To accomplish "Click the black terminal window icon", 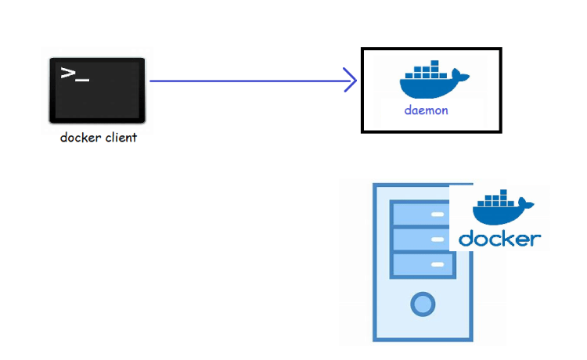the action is point(97,90).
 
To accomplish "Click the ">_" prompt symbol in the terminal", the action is point(75,74).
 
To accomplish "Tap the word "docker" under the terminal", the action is point(81,137).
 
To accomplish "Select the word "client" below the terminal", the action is point(121,137).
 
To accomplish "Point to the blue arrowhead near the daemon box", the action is point(350,80).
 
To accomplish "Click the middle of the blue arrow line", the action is point(254,81).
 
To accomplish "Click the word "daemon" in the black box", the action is point(426,110).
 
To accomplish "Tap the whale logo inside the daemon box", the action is point(434,79).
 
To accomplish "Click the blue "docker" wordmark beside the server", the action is point(500,239).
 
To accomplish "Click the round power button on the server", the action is point(423,304).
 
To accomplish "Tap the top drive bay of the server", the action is point(420,214).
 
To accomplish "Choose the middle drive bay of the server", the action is point(420,239).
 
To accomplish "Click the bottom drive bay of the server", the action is point(423,265).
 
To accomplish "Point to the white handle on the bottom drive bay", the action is point(438,265).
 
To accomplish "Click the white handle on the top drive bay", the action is point(438,214).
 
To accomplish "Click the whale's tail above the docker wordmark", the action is point(527,204).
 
